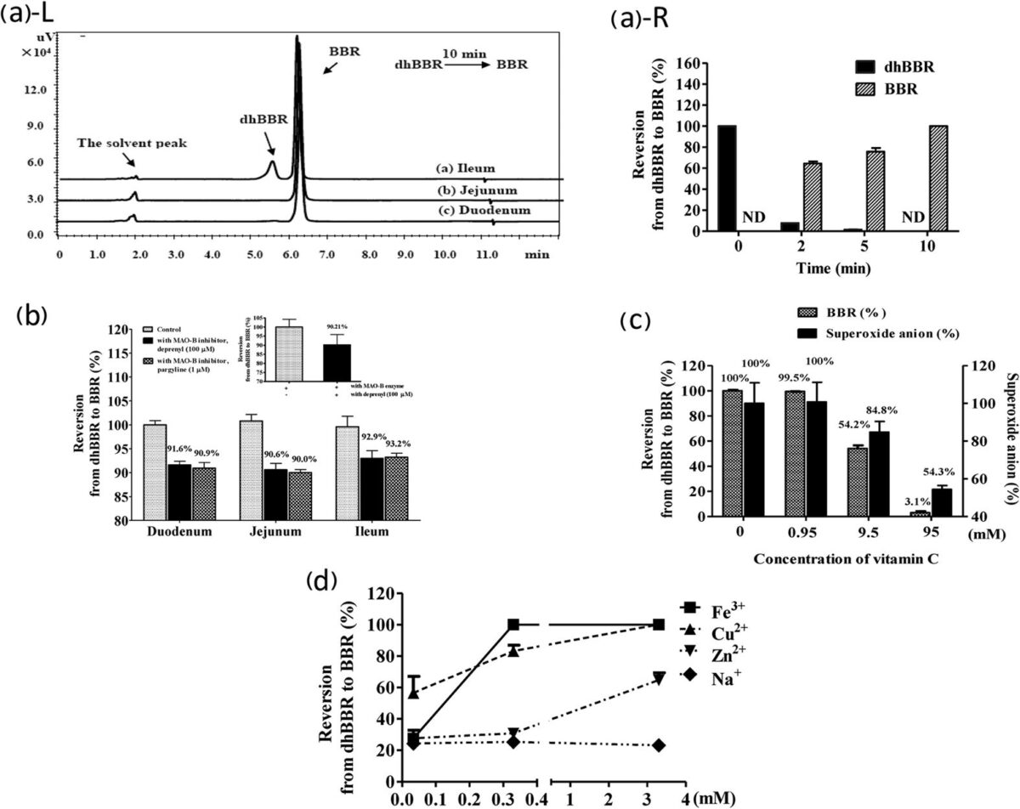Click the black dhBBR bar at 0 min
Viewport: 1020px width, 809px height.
727,178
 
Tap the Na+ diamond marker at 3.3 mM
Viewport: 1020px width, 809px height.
658,745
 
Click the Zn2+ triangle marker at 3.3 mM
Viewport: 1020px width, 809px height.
658,678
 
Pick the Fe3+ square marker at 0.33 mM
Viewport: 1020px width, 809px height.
513,625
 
